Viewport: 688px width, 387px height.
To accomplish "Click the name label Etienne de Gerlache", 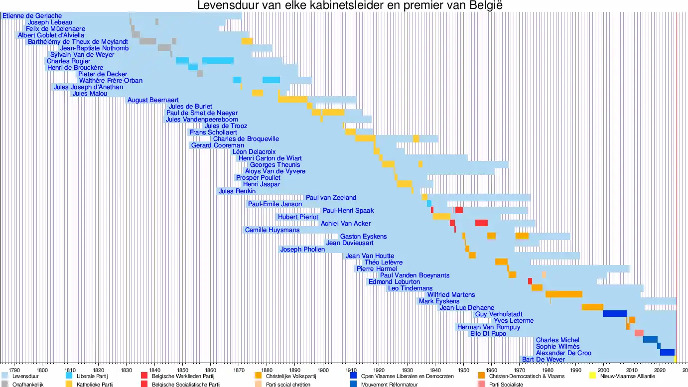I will coord(32,16).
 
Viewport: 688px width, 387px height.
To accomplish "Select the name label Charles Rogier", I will coord(69,61).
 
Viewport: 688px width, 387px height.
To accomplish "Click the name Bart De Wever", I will coord(544,360).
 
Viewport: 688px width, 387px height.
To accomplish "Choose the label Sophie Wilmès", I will coord(557,347).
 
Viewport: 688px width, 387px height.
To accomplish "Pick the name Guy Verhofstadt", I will coord(499,314).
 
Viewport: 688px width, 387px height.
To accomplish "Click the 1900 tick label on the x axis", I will coord(323,370).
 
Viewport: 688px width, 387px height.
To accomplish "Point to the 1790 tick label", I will coord(14,370).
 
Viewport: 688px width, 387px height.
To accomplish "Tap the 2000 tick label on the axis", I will coord(603,370).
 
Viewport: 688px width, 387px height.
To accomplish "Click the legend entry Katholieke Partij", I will coord(95,385).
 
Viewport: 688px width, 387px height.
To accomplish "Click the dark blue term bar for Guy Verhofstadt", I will coord(615,314).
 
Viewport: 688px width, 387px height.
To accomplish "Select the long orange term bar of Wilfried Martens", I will coord(563,294).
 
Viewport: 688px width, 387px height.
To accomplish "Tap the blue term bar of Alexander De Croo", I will coord(667,353).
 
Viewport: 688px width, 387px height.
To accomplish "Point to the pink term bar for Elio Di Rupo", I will coord(639,333).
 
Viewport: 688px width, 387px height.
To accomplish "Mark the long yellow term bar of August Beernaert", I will coord(292,100).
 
